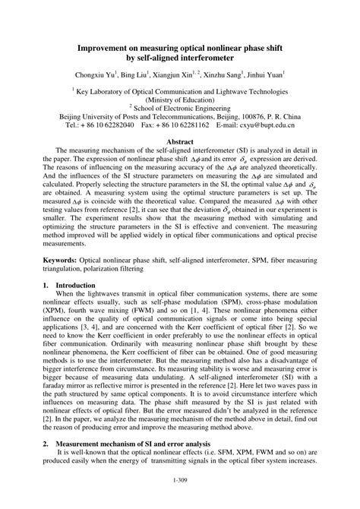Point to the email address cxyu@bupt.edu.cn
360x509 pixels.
[266, 123]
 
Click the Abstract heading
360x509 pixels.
[180, 142]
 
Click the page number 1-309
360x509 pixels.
[181, 479]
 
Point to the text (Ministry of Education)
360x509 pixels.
[180, 99]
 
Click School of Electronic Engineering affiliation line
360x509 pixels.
[180, 107]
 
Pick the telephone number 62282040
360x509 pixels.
[114, 123]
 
